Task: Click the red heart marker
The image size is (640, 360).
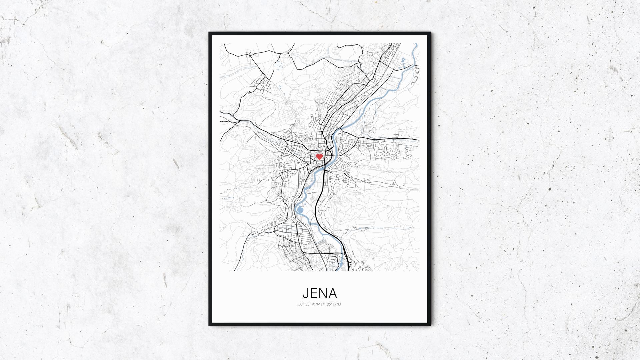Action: coord(319,156)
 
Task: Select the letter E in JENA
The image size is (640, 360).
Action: coord(314,293)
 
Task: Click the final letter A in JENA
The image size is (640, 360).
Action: coord(333,293)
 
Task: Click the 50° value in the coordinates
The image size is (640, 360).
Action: coord(301,304)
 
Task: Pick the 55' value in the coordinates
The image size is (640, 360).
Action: coord(307,304)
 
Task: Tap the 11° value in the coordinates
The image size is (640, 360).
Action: coord(323,304)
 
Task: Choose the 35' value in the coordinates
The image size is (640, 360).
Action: coord(329,304)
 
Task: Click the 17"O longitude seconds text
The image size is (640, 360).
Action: coord(337,304)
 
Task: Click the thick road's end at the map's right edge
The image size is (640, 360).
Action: coord(418,139)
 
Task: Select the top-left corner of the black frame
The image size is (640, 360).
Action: coord(209,33)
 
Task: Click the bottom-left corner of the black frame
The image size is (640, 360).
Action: coord(209,325)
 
